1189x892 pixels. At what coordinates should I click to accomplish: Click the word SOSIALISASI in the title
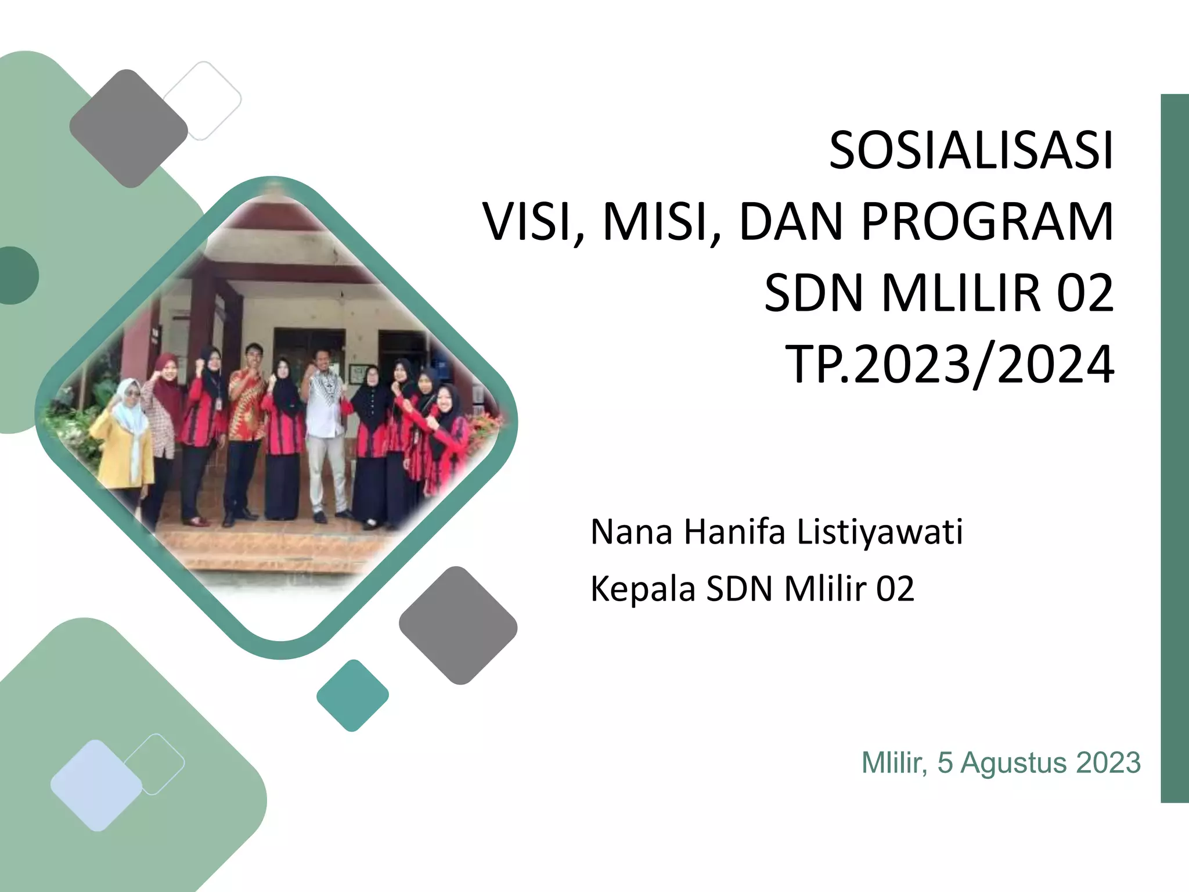(971, 151)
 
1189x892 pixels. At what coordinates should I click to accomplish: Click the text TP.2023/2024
(950, 365)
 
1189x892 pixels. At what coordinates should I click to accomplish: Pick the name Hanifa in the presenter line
(734, 532)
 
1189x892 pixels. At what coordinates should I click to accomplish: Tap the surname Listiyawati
(880, 532)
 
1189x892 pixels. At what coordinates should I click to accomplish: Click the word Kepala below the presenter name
(643, 589)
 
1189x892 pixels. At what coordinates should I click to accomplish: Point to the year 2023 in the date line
(1108, 762)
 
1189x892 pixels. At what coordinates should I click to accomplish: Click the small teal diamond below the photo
(352, 695)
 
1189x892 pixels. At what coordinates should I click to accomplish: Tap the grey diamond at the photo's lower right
(458, 625)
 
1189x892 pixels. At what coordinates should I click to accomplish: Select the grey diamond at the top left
(128, 128)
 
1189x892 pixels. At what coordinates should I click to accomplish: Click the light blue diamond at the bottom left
(96, 785)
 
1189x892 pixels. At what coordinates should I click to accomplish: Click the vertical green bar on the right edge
(1174, 447)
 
